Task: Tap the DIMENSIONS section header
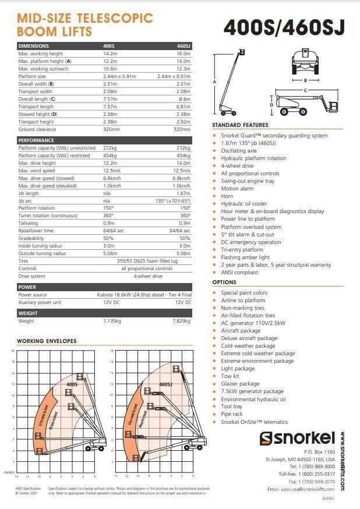[x=34, y=46]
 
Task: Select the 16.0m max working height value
[x=183, y=54]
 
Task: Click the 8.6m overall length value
[x=185, y=99]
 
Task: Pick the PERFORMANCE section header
[x=36, y=140]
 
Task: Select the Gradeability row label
[x=31, y=238]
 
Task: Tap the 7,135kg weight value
[x=112, y=321]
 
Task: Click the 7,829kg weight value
[x=182, y=321]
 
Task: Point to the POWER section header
[x=27, y=287]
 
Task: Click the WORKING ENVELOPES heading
[x=47, y=341]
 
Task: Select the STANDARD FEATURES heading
[x=240, y=125]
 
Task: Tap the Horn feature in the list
[x=227, y=196]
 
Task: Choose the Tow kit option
[x=231, y=376]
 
